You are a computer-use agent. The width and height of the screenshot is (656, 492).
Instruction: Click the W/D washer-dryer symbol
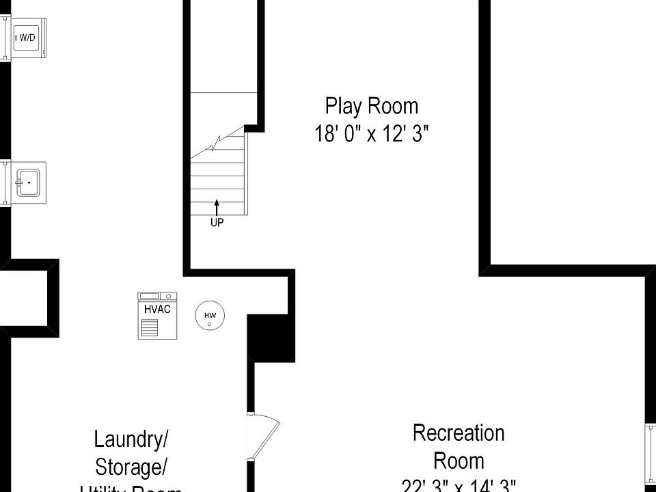coord(27,38)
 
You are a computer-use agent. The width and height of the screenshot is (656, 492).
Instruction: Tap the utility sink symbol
coord(29,182)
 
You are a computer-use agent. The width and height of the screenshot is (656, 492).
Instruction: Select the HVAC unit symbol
coord(157,315)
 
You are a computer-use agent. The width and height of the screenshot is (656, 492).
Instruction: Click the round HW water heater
coord(210,316)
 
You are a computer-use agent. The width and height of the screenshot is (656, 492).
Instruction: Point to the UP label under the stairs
coord(217,222)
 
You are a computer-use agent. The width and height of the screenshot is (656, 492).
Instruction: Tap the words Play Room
coord(371,107)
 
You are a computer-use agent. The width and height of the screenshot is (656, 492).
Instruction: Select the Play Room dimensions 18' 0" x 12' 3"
coord(371,133)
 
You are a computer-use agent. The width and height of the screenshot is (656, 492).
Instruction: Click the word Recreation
coord(459,433)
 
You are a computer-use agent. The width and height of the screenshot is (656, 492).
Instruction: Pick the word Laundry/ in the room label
coord(131,439)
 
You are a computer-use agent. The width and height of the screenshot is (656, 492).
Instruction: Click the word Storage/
coord(131,467)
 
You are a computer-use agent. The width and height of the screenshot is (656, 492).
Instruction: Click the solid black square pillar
coord(271,338)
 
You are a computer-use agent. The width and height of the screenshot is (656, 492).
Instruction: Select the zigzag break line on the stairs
coord(217,143)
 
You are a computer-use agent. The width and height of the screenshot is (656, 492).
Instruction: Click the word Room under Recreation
coord(459,461)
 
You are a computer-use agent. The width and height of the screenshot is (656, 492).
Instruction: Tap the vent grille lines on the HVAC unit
coord(149,328)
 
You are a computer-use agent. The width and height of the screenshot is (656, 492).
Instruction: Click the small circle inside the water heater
coord(210,324)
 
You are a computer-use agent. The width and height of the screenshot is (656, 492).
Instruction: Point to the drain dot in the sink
coord(29,183)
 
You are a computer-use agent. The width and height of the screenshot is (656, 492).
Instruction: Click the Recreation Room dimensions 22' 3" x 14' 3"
coord(459,485)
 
